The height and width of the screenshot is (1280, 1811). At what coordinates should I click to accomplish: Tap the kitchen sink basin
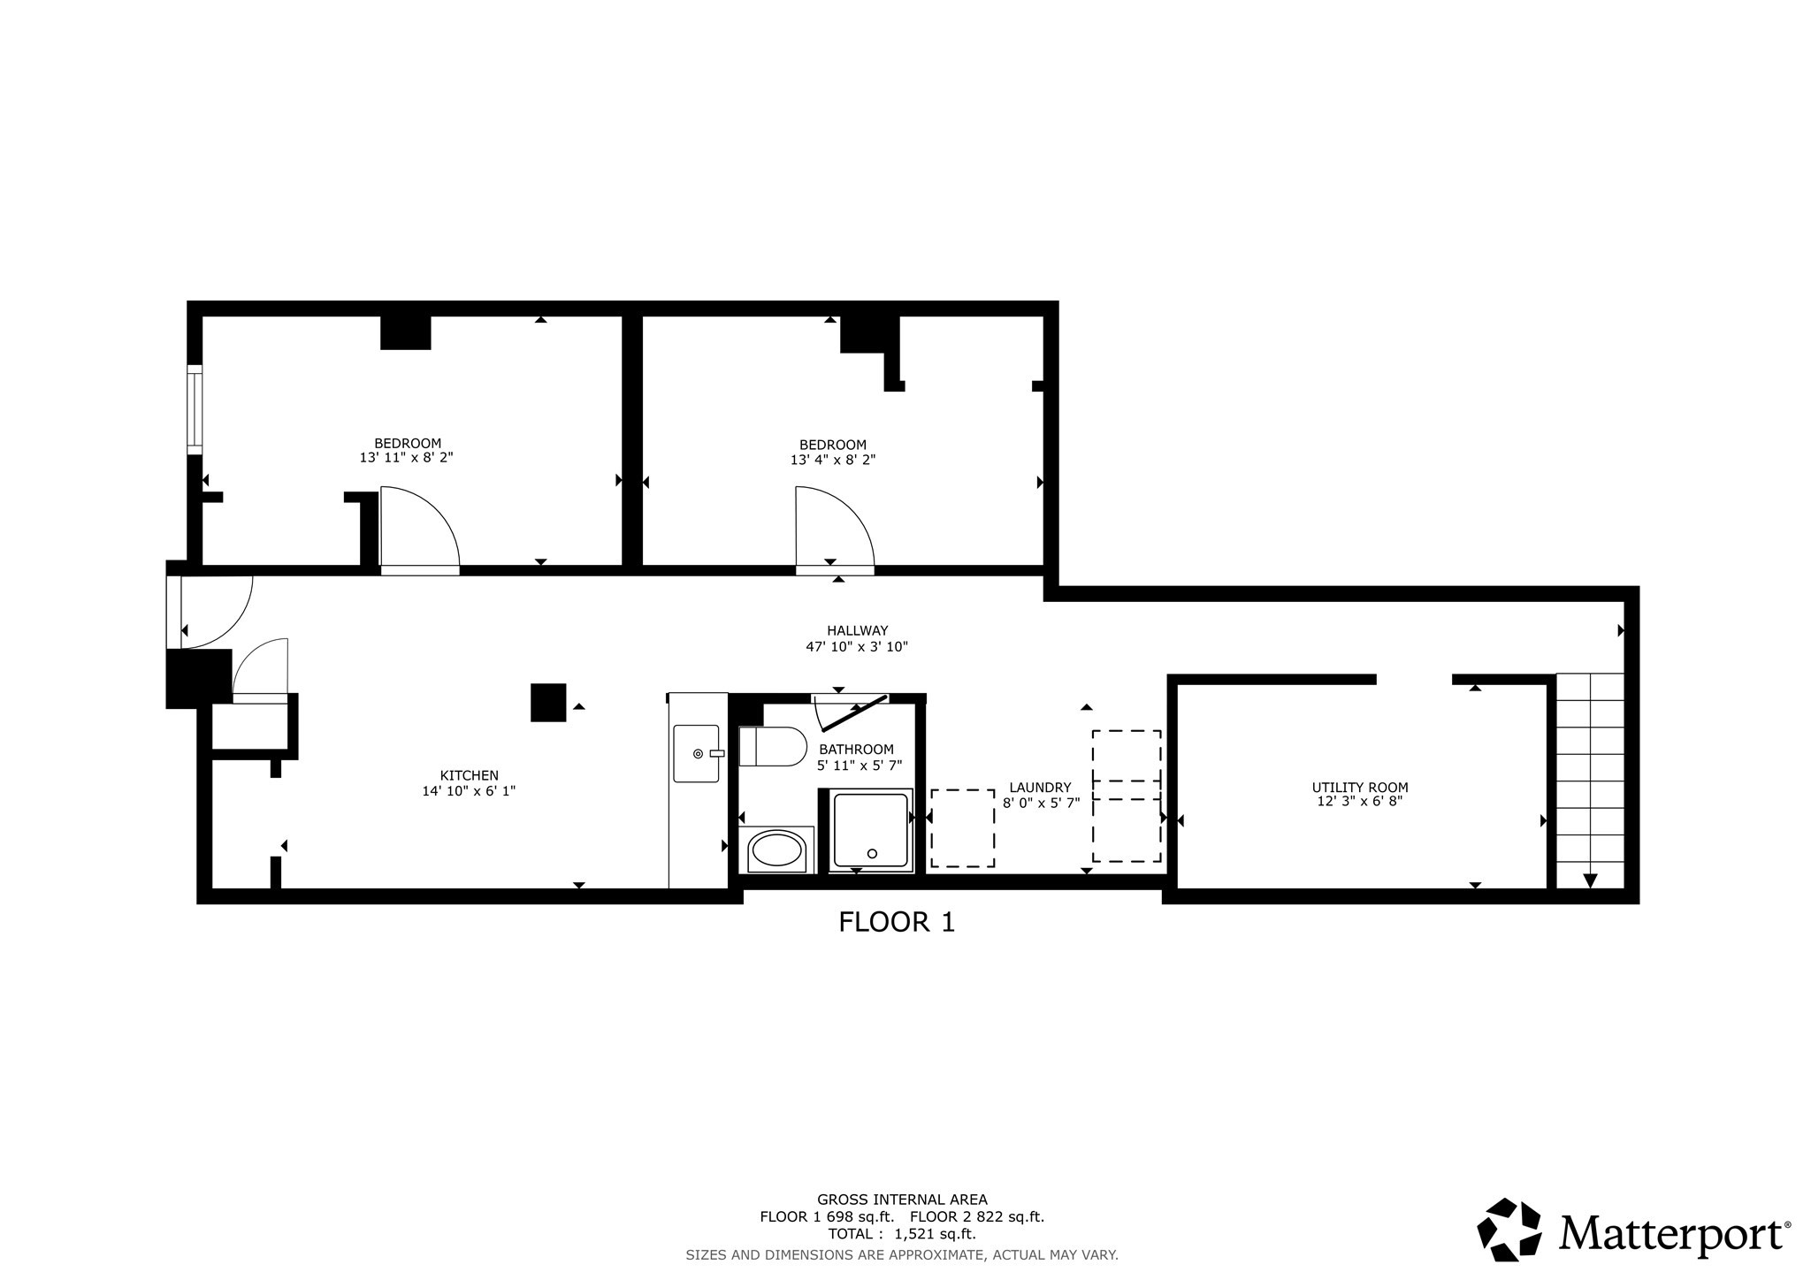696,753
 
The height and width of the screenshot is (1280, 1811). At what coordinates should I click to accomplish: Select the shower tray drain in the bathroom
872,853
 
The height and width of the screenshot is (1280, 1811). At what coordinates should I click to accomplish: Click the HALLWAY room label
857,630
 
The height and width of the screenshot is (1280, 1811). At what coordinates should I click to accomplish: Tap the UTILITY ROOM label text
1360,787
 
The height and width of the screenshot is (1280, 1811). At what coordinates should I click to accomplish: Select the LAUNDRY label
1040,787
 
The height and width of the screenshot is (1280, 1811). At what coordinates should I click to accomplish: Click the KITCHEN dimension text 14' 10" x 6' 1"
469,791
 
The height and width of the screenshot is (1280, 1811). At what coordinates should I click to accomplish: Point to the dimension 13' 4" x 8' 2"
833,460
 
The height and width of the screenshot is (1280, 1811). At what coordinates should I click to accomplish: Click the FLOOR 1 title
897,923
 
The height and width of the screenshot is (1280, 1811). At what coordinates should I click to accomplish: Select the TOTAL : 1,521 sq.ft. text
902,1234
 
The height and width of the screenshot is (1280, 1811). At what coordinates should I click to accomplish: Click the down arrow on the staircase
1590,880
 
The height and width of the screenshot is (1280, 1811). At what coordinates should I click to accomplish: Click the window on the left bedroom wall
195,409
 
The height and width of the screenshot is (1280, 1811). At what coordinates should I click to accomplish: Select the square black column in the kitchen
548,703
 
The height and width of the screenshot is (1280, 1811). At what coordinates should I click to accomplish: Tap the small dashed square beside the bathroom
962,828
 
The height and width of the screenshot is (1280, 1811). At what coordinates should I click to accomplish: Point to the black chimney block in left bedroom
405,332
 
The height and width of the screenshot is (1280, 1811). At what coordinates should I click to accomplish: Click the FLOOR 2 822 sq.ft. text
977,1216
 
